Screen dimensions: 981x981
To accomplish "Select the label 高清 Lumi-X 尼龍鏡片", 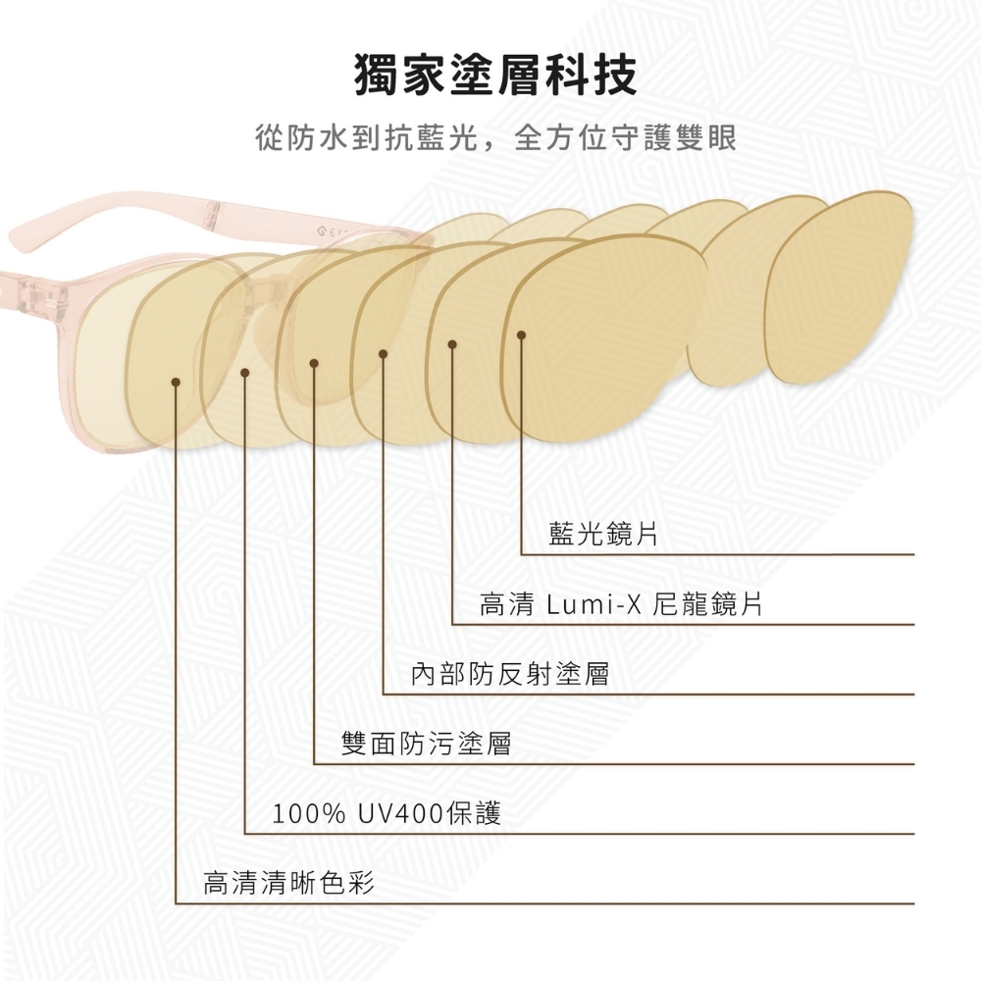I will pyautogui.click(x=621, y=604).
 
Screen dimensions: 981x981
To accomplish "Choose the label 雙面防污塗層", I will pyautogui.click(x=426, y=745).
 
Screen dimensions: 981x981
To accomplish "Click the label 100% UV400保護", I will pyautogui.click(x=387, y=813).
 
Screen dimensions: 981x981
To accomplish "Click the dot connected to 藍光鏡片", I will pyautogui.click(x=521, y=336).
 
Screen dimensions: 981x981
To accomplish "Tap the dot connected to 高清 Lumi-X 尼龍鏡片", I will pyautogui.click(x=452, y=344).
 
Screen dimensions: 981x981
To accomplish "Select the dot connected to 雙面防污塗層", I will pyautogui.click(x=314, y=363).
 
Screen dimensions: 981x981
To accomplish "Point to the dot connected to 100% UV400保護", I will pyautogui.click(x=245, y=372).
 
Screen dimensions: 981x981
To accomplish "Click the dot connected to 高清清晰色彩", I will pyautogui.click(x=176, y=381).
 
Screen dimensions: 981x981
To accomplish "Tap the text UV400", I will pyautogui.click(x=400, y=813).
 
